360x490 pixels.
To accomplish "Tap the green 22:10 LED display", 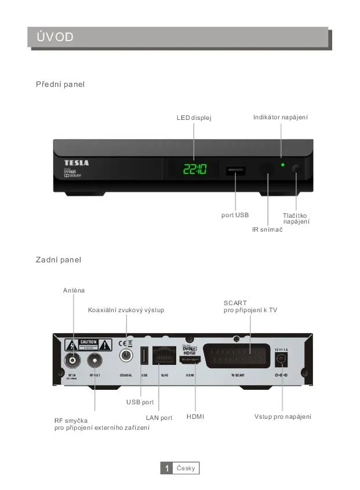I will click(194, 170).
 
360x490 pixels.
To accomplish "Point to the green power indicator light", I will click(282, 165).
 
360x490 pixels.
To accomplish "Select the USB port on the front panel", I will click(235, 170).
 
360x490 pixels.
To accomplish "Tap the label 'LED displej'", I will click(194, 118).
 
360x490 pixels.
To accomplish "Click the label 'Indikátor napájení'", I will click(280, 118).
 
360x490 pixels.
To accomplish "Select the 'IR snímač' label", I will click(267, 230).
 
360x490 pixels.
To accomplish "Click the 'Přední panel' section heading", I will click(60, 85).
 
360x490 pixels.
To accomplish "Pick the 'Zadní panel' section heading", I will click(59, 259).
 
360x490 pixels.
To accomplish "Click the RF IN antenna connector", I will click(72, 361).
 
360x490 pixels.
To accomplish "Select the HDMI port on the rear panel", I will click(190, 360).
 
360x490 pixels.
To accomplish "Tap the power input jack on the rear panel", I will click(282, 360).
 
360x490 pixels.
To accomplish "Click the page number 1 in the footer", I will click(166, 468).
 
